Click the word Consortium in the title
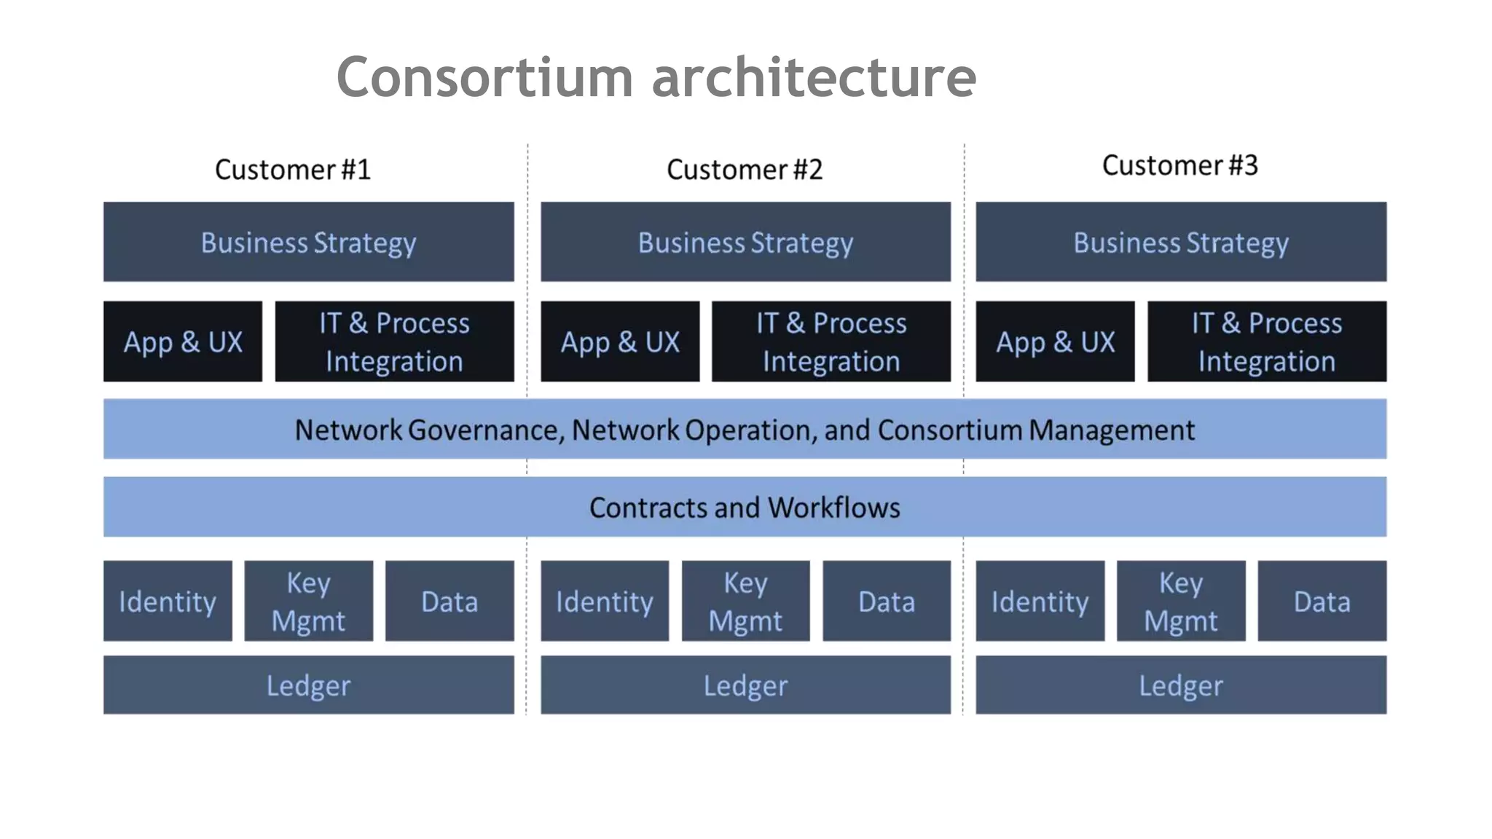484,77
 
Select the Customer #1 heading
293,170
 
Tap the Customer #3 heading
1179,165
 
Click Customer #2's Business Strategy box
745,242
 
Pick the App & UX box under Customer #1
183,342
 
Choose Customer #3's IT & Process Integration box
1266,342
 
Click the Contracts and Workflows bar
745,507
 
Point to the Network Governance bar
745,429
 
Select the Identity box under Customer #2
604,601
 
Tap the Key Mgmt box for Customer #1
308,601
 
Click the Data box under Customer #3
1322,601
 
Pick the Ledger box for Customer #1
308,685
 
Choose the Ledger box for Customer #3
1180,685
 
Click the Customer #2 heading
745,170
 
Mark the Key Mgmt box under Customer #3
1180,601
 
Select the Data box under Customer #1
449,601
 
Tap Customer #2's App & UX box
620,342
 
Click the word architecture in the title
813,77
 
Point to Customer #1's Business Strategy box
308,242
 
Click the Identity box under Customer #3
1040,601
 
